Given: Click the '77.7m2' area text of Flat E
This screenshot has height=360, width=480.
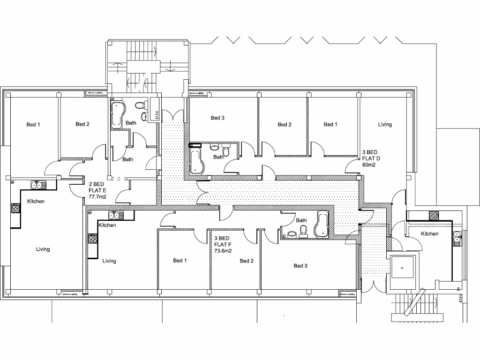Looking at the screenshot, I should click(x=97, y=197).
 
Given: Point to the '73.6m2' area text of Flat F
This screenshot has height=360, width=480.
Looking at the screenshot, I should click(x=224, y=251).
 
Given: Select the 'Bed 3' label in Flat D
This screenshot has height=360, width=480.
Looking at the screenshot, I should click(x=217, y=118).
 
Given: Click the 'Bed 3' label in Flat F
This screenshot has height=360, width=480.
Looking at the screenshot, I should click(x=300, y=266).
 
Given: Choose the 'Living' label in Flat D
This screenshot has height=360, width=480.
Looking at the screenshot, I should click(x=385, y=124).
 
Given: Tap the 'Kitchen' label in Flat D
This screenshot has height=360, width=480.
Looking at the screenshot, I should click(x=429, y=233).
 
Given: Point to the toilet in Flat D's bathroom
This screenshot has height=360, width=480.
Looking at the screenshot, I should click(x=226, y=152).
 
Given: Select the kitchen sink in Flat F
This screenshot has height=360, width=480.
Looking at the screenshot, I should click(x=115, y=216).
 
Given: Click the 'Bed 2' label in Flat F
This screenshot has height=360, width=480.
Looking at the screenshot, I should click(x=247, y=261).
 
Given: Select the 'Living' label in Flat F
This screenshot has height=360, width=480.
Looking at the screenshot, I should click(x=109, y=261).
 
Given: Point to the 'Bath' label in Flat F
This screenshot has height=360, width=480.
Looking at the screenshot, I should click(x=301, y=220).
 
